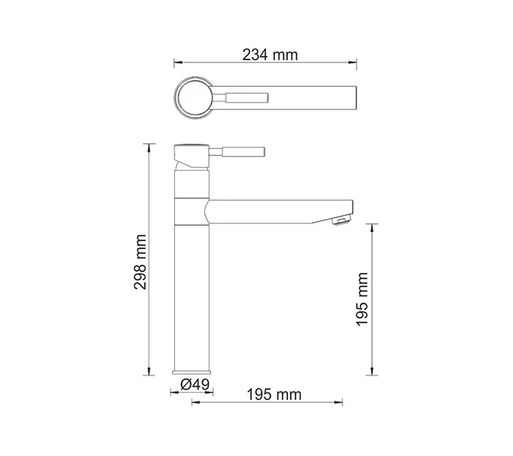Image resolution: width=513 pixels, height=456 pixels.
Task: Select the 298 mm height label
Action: (140, 258)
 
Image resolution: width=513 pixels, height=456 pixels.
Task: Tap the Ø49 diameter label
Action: (195, 385)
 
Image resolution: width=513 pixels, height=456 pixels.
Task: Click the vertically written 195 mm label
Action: (363, 299)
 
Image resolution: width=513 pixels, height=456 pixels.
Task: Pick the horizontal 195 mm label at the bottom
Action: (273, 394)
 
